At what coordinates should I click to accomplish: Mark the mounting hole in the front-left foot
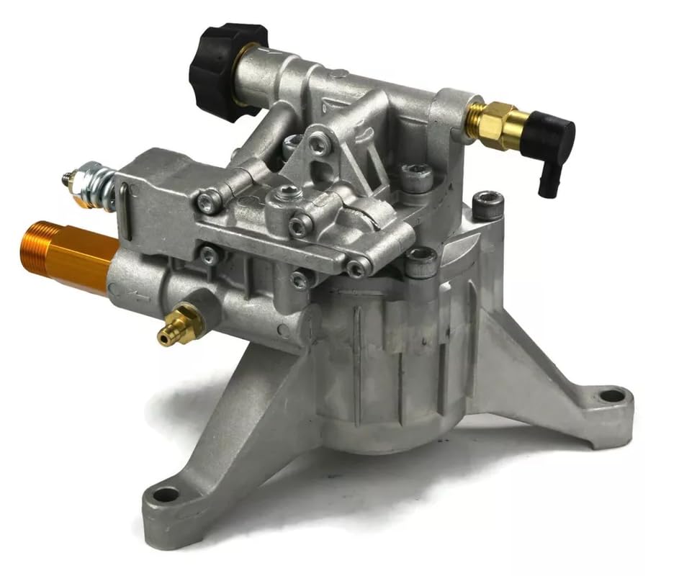166,495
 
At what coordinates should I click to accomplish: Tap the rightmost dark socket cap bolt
487,204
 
